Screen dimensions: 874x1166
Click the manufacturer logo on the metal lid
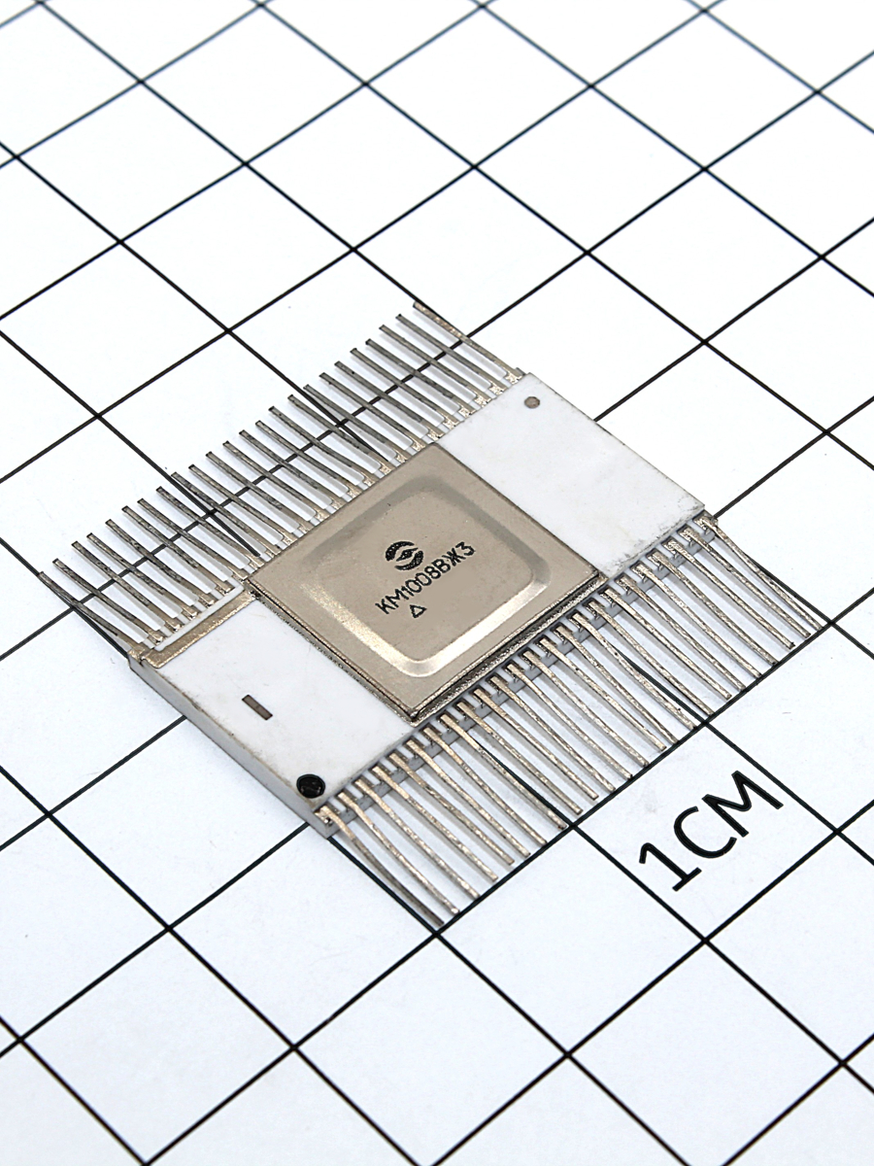click(404, 554)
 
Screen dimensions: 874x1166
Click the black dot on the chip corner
click(310, 786)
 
